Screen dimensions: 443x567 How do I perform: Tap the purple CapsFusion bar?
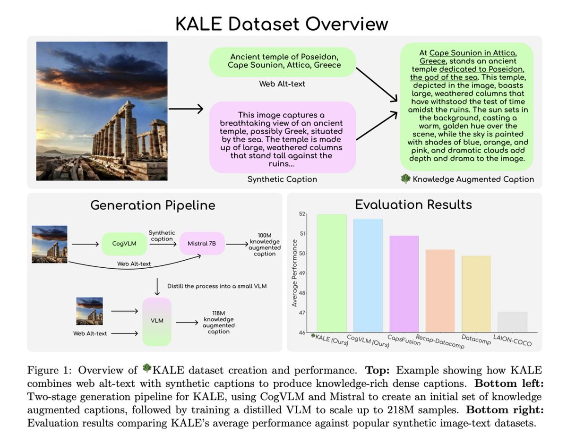404,283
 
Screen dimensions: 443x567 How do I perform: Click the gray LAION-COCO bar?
513,322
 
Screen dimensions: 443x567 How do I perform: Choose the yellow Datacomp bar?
476,294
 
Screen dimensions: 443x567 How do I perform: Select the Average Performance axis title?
294,273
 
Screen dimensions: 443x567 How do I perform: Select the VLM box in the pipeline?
157,321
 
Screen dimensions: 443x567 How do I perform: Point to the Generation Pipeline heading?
152,205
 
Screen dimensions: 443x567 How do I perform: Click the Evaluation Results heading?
413,204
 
